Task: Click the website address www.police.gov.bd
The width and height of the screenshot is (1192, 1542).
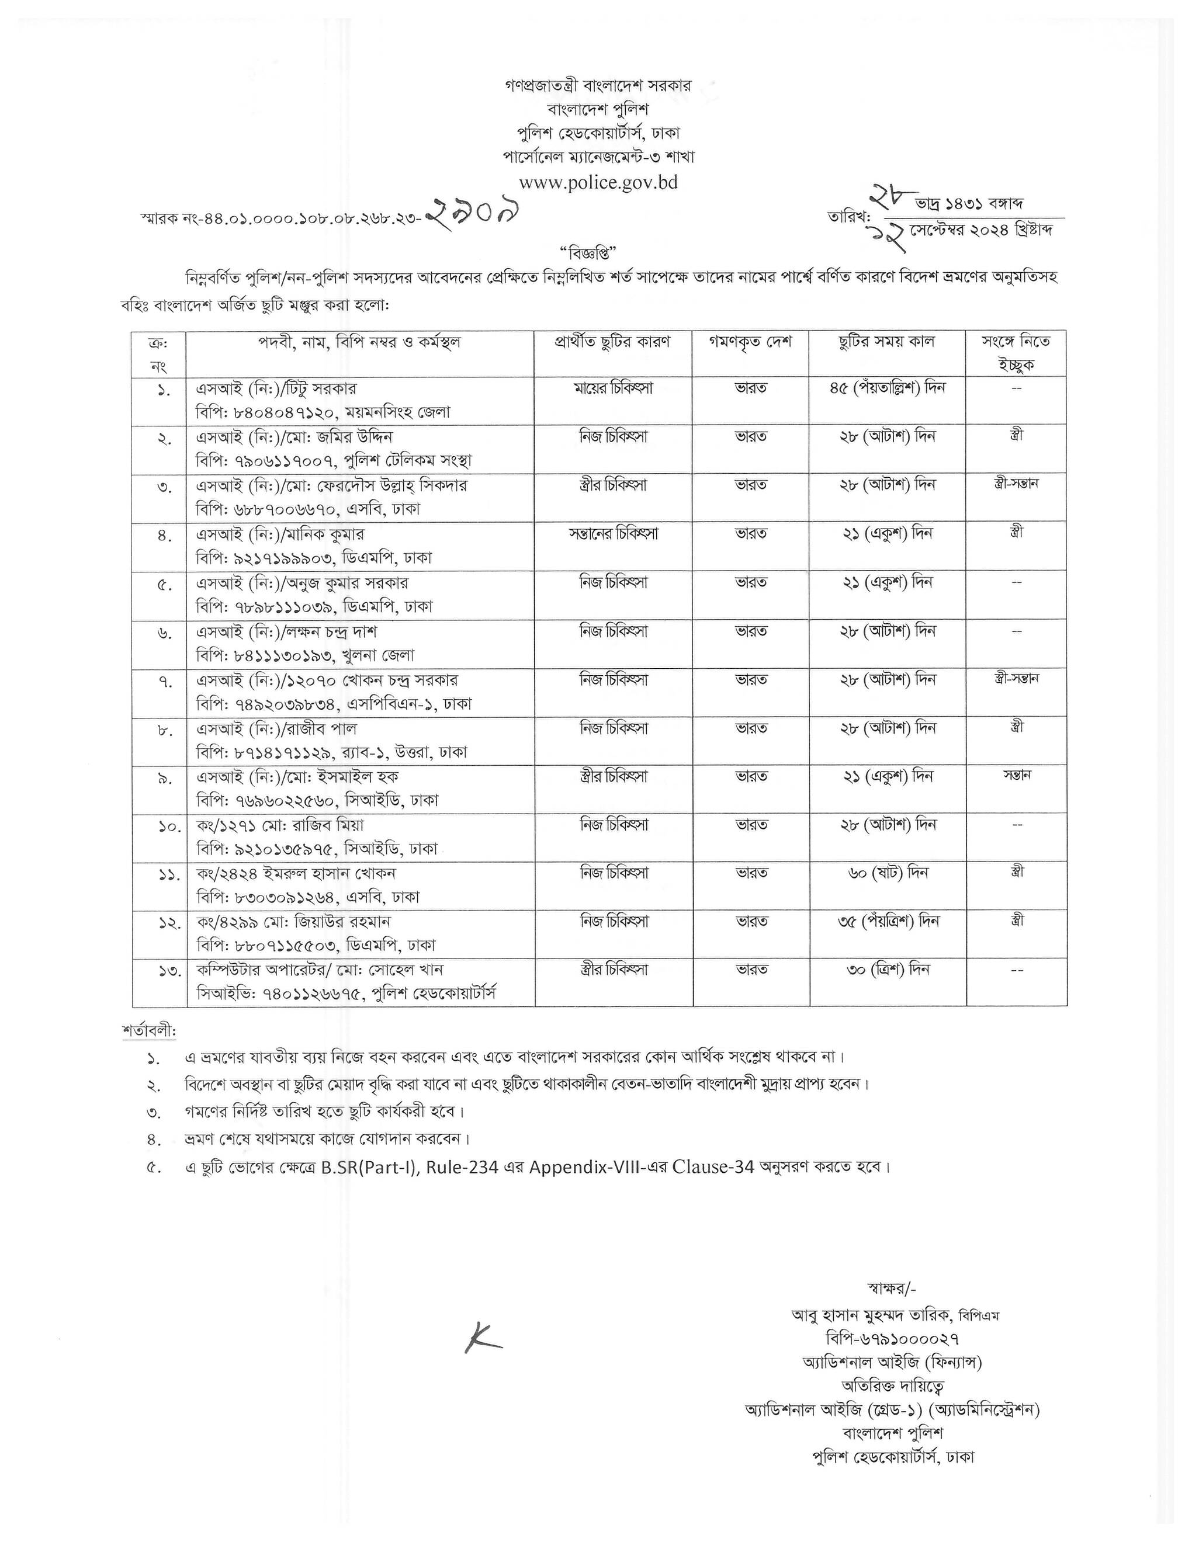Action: point(598,182)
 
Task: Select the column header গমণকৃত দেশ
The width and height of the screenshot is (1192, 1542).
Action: point(751,342)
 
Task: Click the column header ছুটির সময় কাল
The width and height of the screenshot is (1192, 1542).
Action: point(887,342)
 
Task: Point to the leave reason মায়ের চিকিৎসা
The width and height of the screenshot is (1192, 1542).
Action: point(613,388)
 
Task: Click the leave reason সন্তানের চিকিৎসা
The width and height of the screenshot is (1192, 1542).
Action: point(613,534)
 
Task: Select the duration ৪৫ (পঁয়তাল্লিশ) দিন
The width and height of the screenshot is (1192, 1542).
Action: point(888,388)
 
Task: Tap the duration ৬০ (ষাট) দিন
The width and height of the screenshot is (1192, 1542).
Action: point(888,873)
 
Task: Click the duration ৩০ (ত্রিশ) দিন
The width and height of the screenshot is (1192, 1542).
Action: point(888,970)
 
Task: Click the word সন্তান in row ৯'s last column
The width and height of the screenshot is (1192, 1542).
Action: point(1016,775)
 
